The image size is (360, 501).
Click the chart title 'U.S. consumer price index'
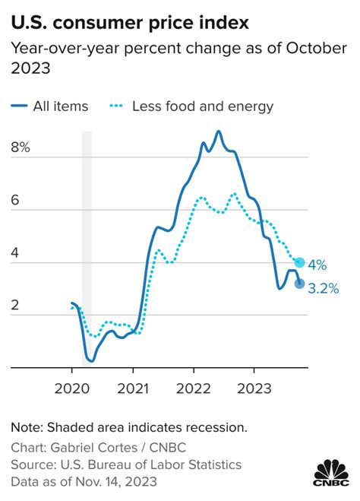[x=130, y=24]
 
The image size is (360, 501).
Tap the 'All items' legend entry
[x=49, y=106]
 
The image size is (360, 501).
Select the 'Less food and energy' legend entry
[x=191, y=106]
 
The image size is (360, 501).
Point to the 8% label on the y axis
[x=21, y=147]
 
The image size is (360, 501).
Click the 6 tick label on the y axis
[x=15, y=200]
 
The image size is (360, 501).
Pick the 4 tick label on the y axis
[x=15, y=252]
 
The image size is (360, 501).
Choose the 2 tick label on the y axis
[x=15, y=305]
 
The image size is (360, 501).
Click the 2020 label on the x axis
[x=72, y=388]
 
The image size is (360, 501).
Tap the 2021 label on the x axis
[x=133, y=388]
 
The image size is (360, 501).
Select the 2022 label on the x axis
[x=194, y=388]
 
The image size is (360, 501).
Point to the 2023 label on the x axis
[x=254, y=388]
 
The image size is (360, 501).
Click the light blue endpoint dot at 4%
[x=299, y=262]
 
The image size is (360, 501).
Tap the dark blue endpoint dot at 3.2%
[x=299, y=284]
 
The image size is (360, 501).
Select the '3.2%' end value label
[x=324, y=289]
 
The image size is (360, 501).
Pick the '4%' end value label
[x=317, y=265]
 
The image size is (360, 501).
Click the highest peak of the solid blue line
[x=219, y=132]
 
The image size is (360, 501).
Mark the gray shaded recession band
[x=87, y=249]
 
